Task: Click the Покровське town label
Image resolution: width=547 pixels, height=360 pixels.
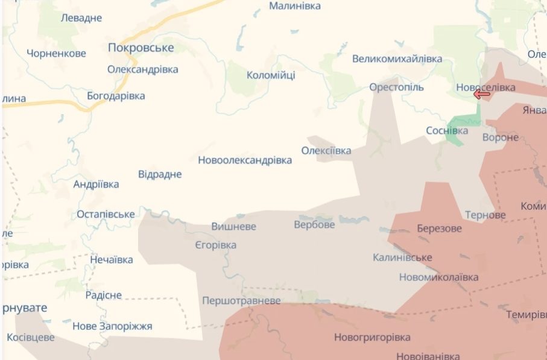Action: click(x=141, y=48)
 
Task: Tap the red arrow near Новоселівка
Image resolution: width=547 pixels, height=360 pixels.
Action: click(x=481, y=94)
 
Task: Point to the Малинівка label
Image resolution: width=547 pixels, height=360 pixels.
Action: click(x=295, y=6)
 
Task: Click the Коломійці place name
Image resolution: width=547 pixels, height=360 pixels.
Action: click(x=271, y=75)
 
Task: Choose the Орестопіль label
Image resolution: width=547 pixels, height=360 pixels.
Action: click(x=396, y=87)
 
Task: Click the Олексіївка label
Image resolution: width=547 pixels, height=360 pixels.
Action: click(x=326, y=151)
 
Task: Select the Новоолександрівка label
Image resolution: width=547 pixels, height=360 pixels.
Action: click(x=245, y=160)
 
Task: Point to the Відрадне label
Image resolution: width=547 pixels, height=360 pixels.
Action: click(x=160, y=174)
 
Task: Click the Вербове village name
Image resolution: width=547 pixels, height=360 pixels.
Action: click(x=314, y=225)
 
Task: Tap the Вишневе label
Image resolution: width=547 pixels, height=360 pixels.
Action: click(x=233, y=227)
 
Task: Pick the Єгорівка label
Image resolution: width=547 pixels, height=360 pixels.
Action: click(x=216, y=245)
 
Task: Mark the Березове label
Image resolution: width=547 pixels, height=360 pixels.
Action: click(x=439, y=229)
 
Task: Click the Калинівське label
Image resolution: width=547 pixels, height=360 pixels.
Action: click(x=402, y=257)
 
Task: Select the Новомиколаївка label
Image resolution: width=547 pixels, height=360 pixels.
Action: click(x=438, y=277)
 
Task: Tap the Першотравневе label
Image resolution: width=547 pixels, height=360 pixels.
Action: click(x=241, y=300)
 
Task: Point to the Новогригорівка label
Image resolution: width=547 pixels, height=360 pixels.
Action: click(x=372, y=338)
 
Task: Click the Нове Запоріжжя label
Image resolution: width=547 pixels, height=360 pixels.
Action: click(x=112, y=326)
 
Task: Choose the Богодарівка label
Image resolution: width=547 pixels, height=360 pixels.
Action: click(x=116, y=96)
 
